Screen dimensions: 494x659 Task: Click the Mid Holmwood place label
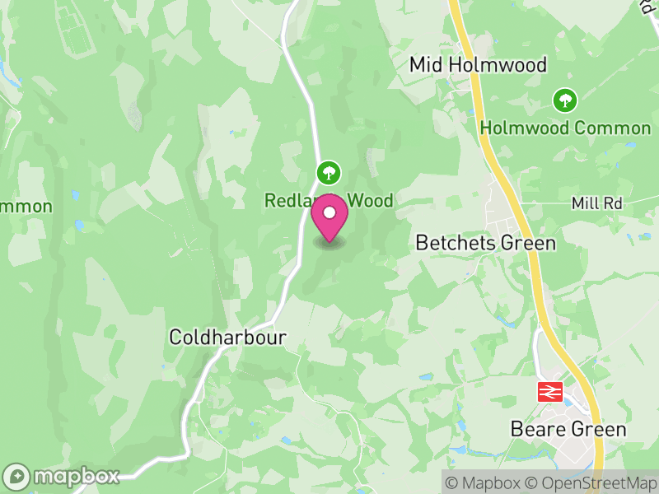coord(478,65)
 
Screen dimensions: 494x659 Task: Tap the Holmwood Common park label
coord(565,128)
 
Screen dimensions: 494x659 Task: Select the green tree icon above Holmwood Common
coord(565,101)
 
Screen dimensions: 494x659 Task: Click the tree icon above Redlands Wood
coord(329,173)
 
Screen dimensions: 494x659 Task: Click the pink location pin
coord(329,221)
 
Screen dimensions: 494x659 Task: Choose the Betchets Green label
coord(485,243)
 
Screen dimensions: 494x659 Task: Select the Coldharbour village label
coord(227,337)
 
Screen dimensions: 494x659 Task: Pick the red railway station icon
coord(549,392)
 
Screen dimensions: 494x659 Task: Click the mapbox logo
coord(63,476)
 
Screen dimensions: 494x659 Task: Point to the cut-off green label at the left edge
coord(25,207)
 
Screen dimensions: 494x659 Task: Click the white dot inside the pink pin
coord(329,214)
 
